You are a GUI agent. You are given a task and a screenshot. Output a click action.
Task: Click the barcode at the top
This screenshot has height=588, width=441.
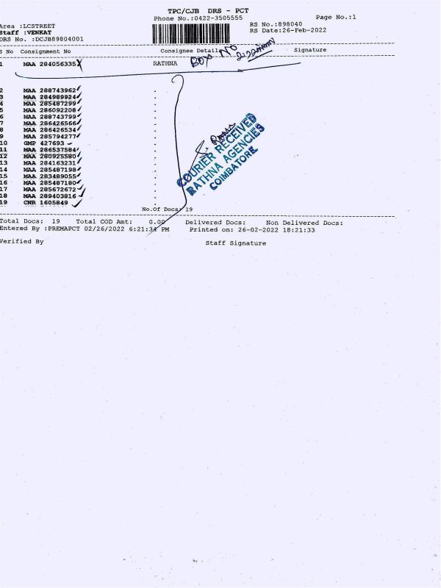[x=198, y=34]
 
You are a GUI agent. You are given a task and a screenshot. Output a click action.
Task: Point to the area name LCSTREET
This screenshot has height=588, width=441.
[x=40, y=26]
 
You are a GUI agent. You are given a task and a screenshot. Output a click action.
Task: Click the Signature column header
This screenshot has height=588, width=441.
[x=309, y=50]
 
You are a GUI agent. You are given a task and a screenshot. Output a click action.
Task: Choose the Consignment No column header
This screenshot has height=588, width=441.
[x=46, y=51]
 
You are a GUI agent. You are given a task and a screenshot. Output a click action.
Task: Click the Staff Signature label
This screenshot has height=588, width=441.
[x=235, y=243]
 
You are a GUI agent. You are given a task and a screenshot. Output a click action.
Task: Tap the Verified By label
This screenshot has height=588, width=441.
[x=21, y=241]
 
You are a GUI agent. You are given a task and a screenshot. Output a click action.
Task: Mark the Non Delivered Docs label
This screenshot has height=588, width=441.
[x=304, y=222]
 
